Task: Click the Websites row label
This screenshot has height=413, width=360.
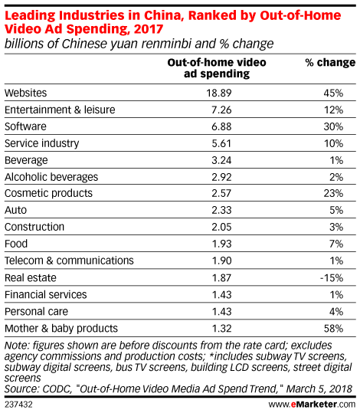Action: (x=25, y=93)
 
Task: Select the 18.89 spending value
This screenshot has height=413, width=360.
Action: (x=219, y=93)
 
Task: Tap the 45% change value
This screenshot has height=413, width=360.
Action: (x=333, y=93)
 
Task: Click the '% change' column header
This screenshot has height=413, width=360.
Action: (x=330, y=63)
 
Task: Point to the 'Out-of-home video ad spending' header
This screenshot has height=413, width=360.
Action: (x=217, y=68)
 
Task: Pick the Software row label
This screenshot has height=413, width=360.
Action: (x=25, y=126)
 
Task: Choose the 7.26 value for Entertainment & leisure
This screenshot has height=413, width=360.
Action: (x=221, y=110)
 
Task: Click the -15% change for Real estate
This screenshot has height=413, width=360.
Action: (x=332, y=278)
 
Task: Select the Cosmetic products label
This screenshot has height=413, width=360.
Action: (x=48, y=193)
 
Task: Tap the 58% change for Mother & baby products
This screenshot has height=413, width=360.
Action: (x=333, y=329)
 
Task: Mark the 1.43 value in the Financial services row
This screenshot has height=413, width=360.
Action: (x=221, y=295)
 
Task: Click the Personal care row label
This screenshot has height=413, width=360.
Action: (x=36, y=312)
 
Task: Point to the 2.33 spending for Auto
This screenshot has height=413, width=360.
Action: (x=221, y=210)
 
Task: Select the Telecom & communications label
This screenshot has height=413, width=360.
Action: (x=69, y=261)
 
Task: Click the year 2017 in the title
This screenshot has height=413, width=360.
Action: (x=149, y=28)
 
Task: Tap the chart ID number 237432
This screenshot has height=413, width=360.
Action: (x=18, y=405)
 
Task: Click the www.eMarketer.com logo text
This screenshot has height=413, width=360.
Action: (x=312, y=405)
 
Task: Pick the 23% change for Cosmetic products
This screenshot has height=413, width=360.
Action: (x=333, y=193)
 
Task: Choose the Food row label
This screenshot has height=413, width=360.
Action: (x=16, y=244)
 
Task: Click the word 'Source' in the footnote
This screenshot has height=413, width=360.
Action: (x=20, y=389)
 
